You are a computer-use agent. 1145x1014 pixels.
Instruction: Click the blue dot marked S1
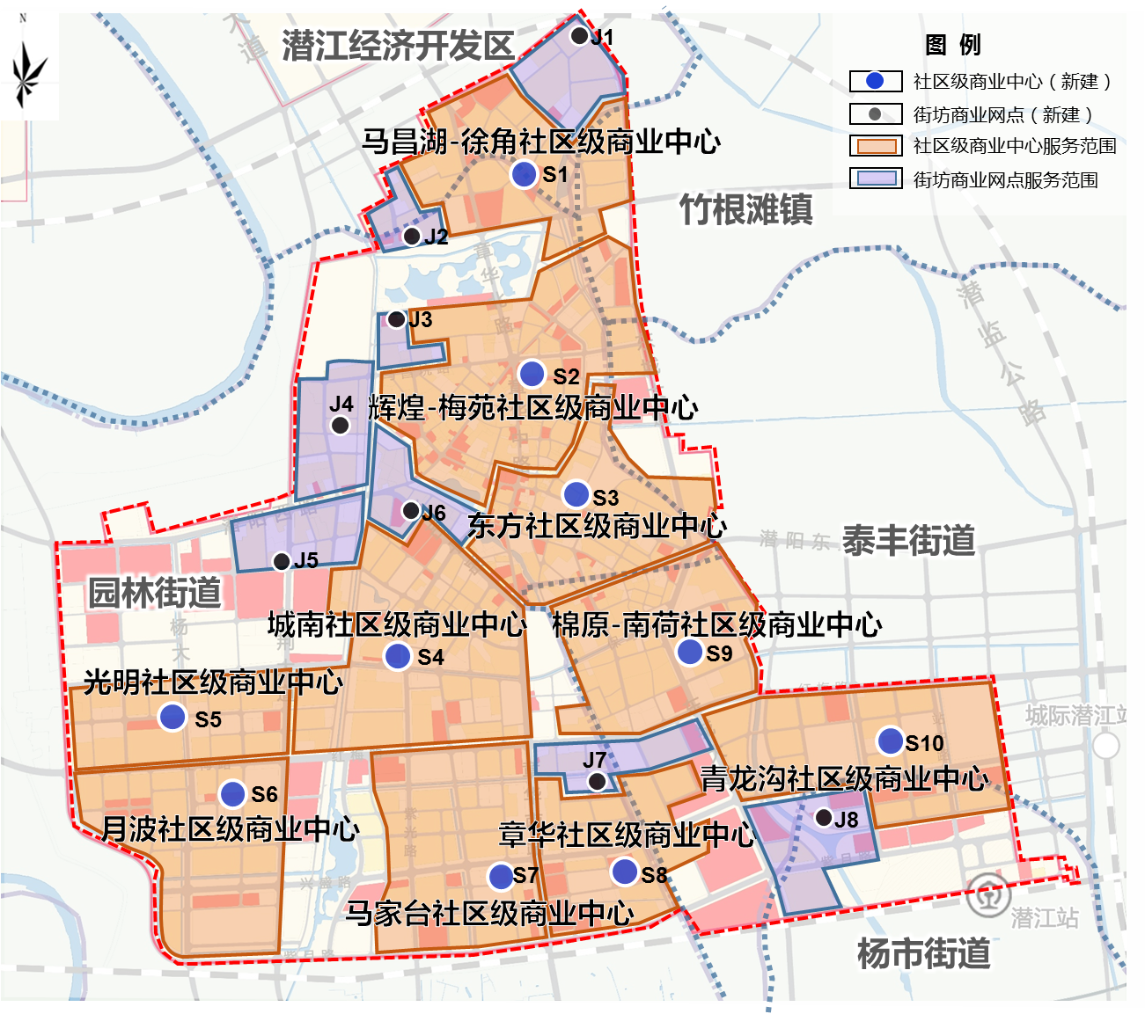click(x=524, y=174)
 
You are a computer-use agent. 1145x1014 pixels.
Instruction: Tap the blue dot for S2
click(x=532, y=374)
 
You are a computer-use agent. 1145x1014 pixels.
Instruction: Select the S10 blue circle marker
click(x=891, y=740)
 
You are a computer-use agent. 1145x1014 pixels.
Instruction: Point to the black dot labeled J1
click(x=579, y=36)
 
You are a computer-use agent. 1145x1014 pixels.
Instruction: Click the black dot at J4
click(x=340, y=426)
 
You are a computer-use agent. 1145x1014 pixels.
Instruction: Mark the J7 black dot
click(x=597, y=781)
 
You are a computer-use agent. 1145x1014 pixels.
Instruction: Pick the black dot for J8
click(x=824, y=818)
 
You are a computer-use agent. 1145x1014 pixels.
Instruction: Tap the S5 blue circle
click(x=172, y=718)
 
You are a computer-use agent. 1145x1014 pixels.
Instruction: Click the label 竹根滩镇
click(x=745, y=210)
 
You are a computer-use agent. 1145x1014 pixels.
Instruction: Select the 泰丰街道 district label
click(x=908, y=539)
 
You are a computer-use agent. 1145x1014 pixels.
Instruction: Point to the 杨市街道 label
click(x=923, y=953)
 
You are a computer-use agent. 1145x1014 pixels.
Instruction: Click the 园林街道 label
click(x=155, y=592)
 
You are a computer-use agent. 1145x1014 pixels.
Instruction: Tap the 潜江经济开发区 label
click(x=398, y=46)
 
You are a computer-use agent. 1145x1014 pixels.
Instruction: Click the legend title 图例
click(x=952, y=45)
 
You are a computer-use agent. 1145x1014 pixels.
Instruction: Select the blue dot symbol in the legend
click(x=875, y=81)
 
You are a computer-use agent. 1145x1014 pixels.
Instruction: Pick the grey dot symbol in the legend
click(x=875, y=114)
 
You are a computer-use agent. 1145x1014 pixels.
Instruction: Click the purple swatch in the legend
click(x=876, y=179)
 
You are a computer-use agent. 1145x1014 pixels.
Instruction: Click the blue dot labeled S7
click(x=501, y=876)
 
